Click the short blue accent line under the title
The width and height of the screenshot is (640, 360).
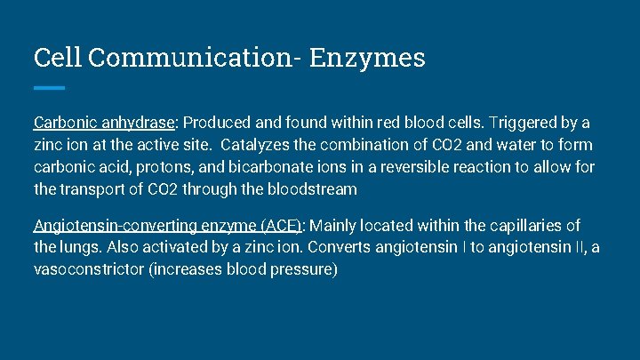[x=50, y=87]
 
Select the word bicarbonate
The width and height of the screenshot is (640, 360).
[x=274, y=166]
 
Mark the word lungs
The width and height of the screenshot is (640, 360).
[x=81, y=247]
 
